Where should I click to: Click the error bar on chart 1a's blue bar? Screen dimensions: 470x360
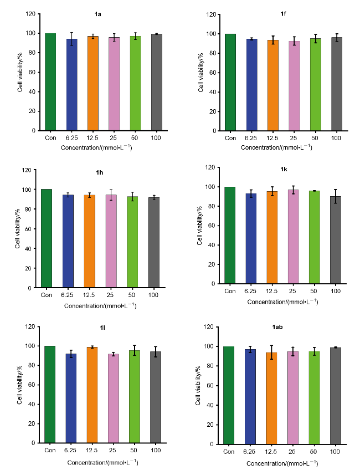tap(72, 39)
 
